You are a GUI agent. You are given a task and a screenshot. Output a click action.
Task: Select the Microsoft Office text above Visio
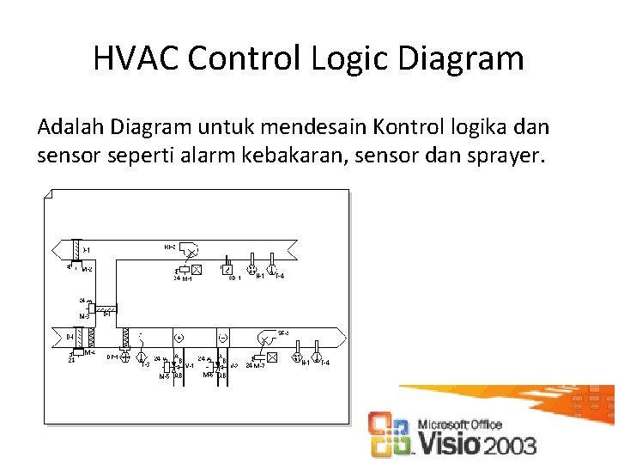point(460,424)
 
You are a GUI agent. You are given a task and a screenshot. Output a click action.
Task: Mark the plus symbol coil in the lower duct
point(180,337)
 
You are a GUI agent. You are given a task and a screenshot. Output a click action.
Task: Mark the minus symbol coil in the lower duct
point(222,337)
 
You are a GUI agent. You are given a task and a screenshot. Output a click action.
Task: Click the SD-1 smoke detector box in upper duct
point(227,270)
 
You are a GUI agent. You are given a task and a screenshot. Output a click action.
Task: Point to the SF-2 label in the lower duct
point(283,333)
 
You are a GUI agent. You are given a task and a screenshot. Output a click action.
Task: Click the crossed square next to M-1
point(197,269)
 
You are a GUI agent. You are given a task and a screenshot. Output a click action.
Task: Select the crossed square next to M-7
point(272,357)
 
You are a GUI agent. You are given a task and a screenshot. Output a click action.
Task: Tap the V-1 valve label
point(190,366)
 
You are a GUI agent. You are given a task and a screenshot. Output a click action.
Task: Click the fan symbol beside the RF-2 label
point(193,252)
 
